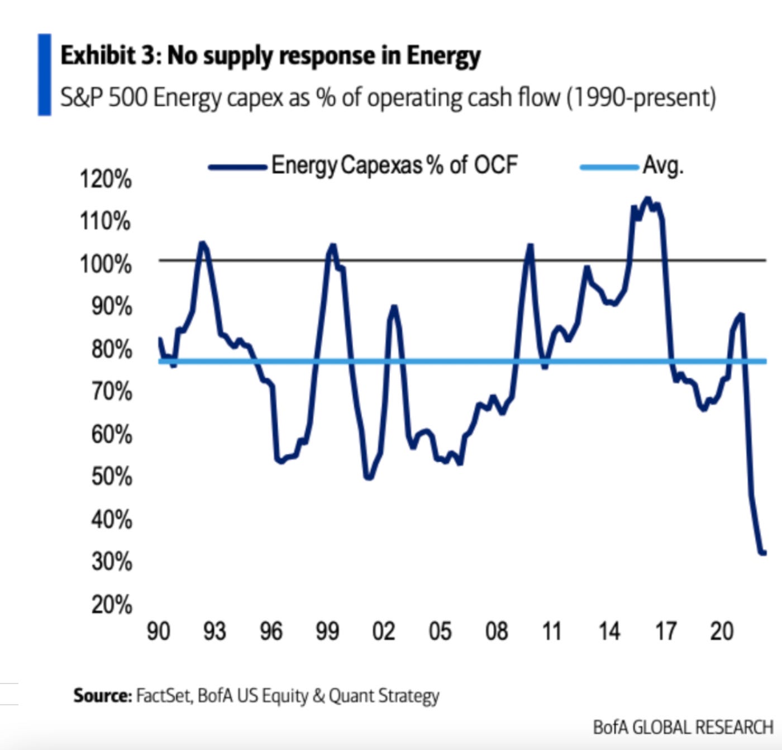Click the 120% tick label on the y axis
[x=106, y=180]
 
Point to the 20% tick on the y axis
[x=112, y=605]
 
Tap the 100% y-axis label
[x=106, y=264]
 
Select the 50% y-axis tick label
[x=112, y=477]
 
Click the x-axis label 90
[x=158, y=632]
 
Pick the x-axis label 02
[x=383, y=632]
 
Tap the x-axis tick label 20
[x=721, y=632]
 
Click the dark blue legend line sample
[x=237, y=167]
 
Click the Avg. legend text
[x=663, y=165]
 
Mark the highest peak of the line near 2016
[x=647, y=198]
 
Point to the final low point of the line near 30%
[x=762, y=553]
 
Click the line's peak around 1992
[x=202, y=243]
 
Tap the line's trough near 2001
[x=368, y=478]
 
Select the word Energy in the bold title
[x=443, y=56]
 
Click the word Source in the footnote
[x=101, y=696]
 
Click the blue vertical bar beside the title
[x=44, y=75]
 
